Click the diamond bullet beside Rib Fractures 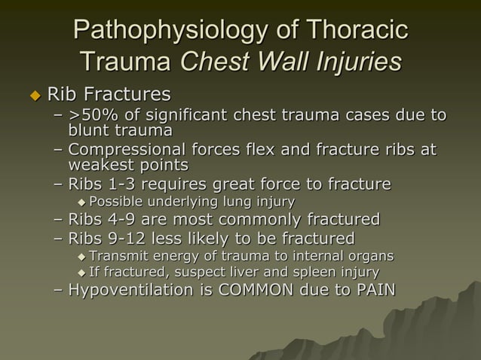[x=34, y=95]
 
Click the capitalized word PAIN [x=372, y=291]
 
